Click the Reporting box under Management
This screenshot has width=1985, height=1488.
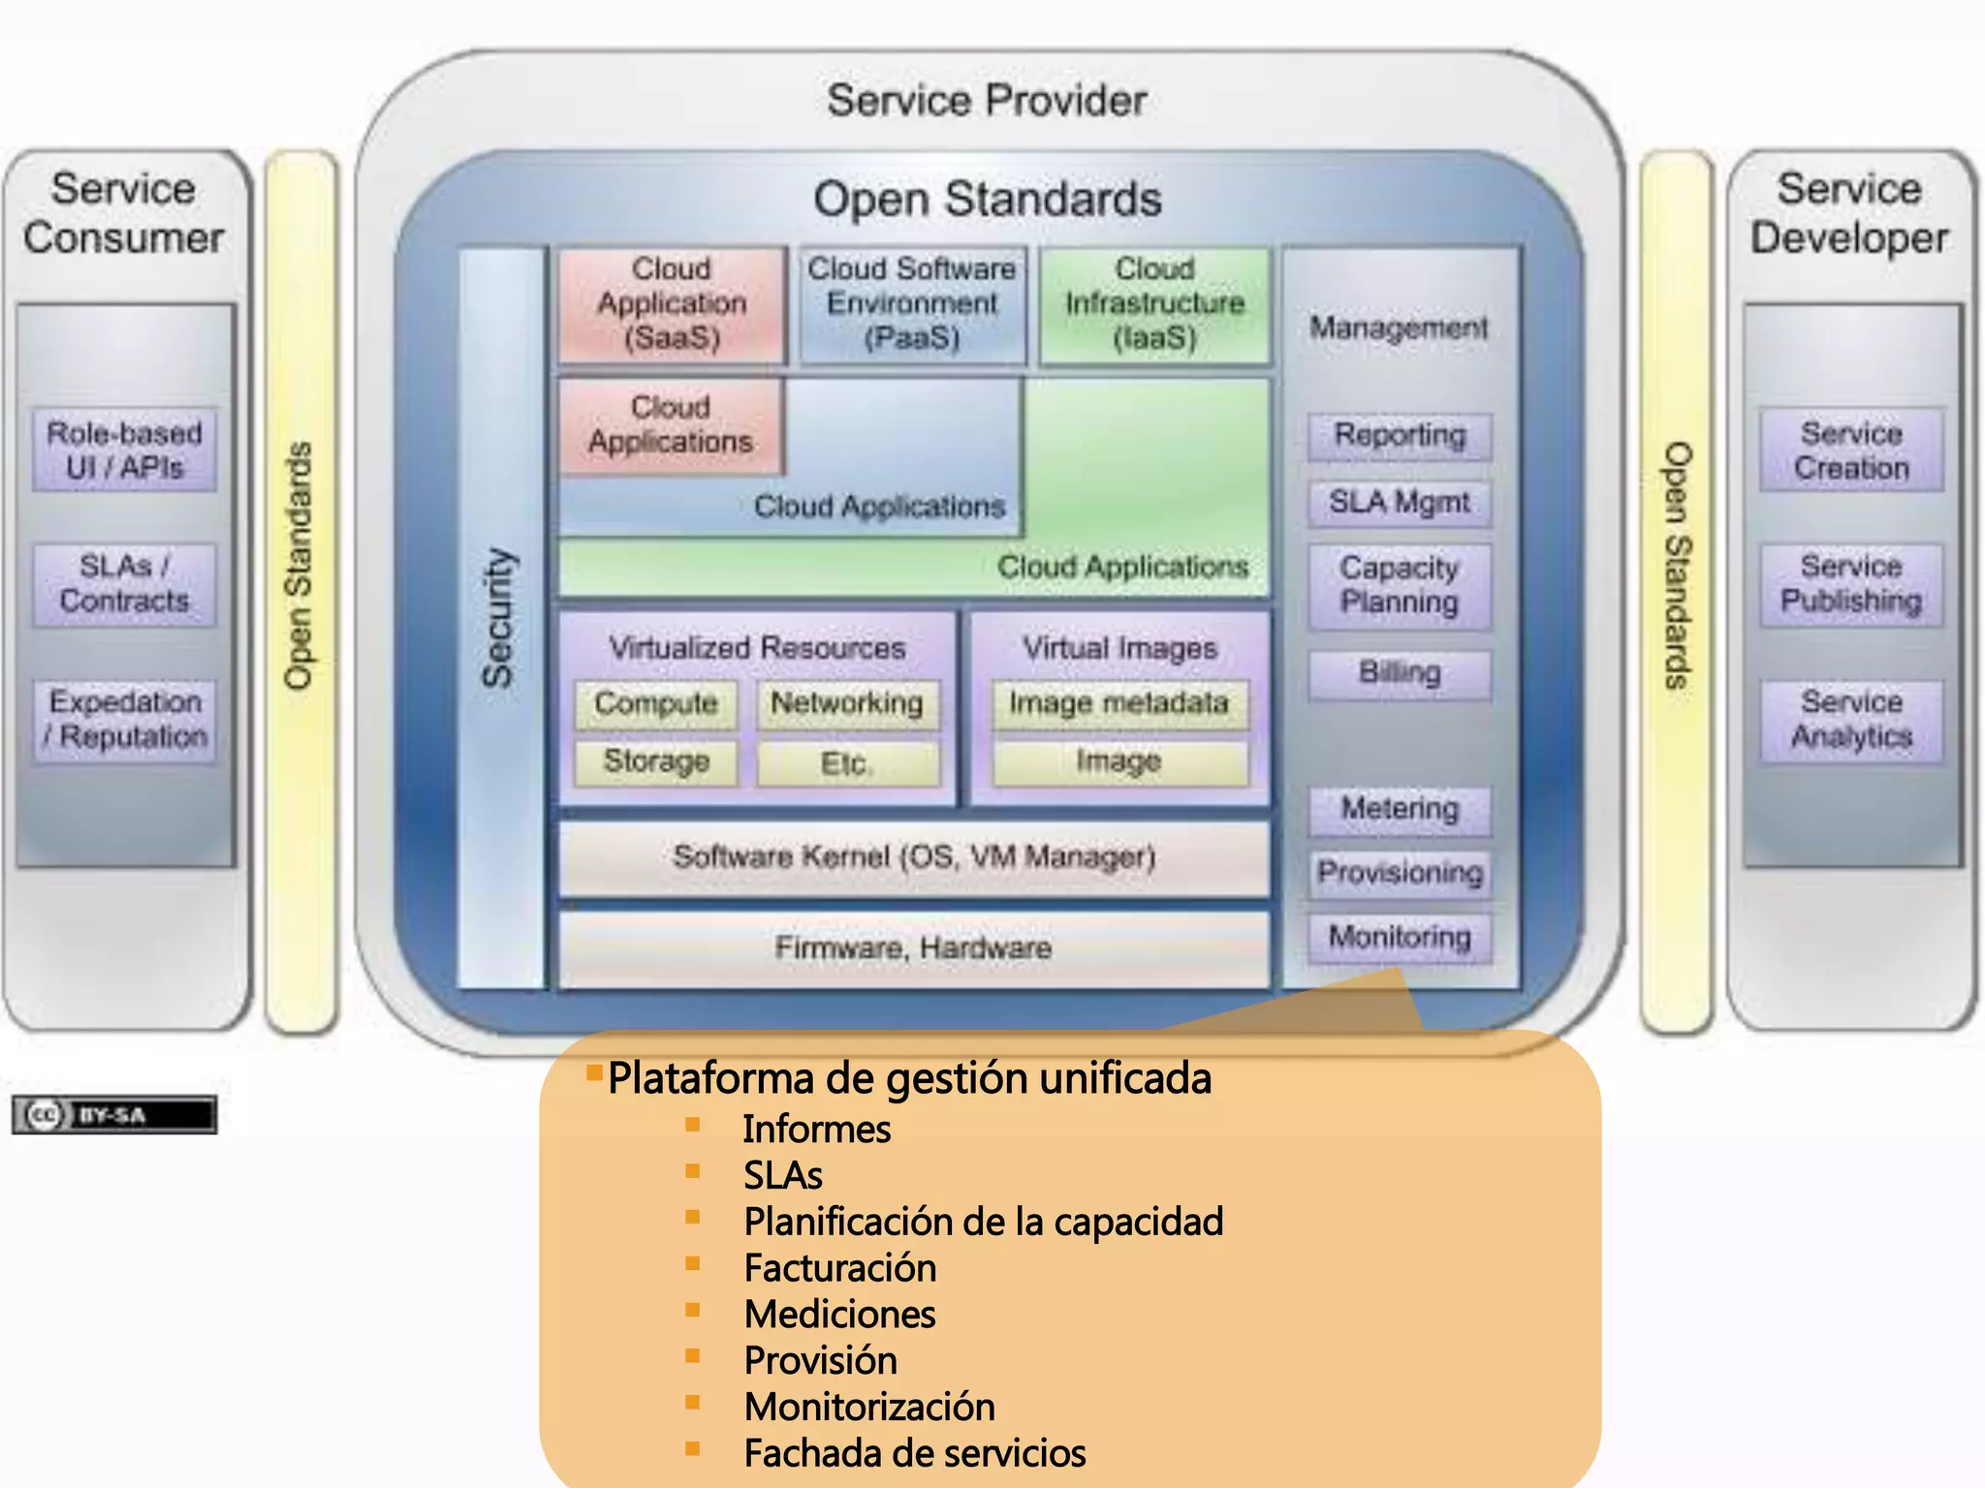(x=1400, y=436)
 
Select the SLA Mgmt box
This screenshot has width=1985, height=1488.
(x=1400, y=503)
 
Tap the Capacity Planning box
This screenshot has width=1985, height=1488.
(x=1400, y=585)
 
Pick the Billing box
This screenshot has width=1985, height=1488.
(x=1400, y=673)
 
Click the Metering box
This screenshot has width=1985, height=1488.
(x=1400, y=809)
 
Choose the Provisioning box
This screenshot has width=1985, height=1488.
(x=1400, y=874)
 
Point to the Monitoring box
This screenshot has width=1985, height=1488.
(x=1400, y=938)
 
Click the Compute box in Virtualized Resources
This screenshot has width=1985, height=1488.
(x=656, y=704)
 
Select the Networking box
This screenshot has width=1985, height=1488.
(x=847, y=704)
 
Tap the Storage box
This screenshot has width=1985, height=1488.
(x=656, y=762)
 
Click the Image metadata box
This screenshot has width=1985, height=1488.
(x=1119, y=704)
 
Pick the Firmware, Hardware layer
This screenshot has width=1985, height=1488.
(x=913, y=947)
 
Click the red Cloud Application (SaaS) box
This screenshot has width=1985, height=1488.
(x=672, y=304)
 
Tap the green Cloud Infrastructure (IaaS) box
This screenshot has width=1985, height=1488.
(x=1154, y=304)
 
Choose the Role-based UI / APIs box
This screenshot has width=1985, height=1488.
(x=124, y=450)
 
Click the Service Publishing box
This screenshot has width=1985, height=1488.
(x=1851, y=584)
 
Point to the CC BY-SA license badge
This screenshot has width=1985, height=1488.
(x=114, y=1115)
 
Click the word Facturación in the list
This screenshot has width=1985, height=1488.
(x=840, y=1268)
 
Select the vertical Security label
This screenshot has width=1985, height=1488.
(x=499, y=618)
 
